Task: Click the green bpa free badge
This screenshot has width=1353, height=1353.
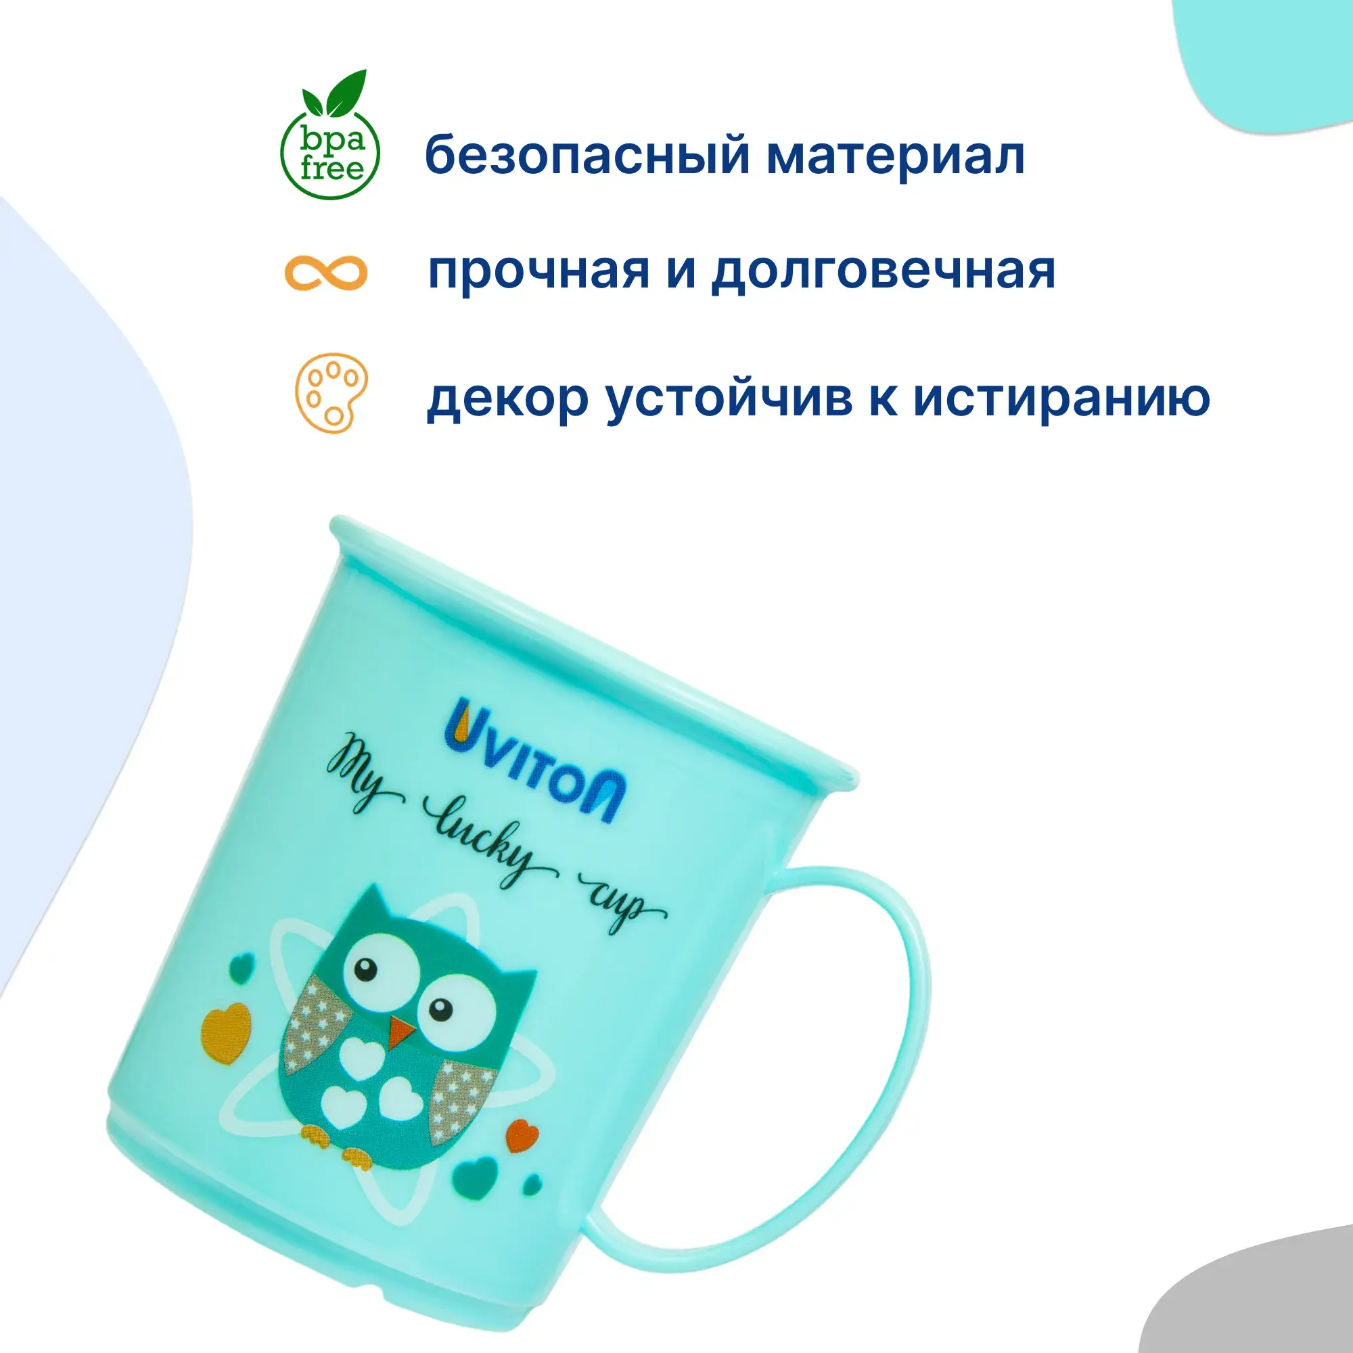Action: click(x=330, y=135)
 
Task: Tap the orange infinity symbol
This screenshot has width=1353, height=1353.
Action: click(x=325, y=273)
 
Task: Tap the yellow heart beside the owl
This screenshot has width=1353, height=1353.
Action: click(x=225, y=1029)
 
